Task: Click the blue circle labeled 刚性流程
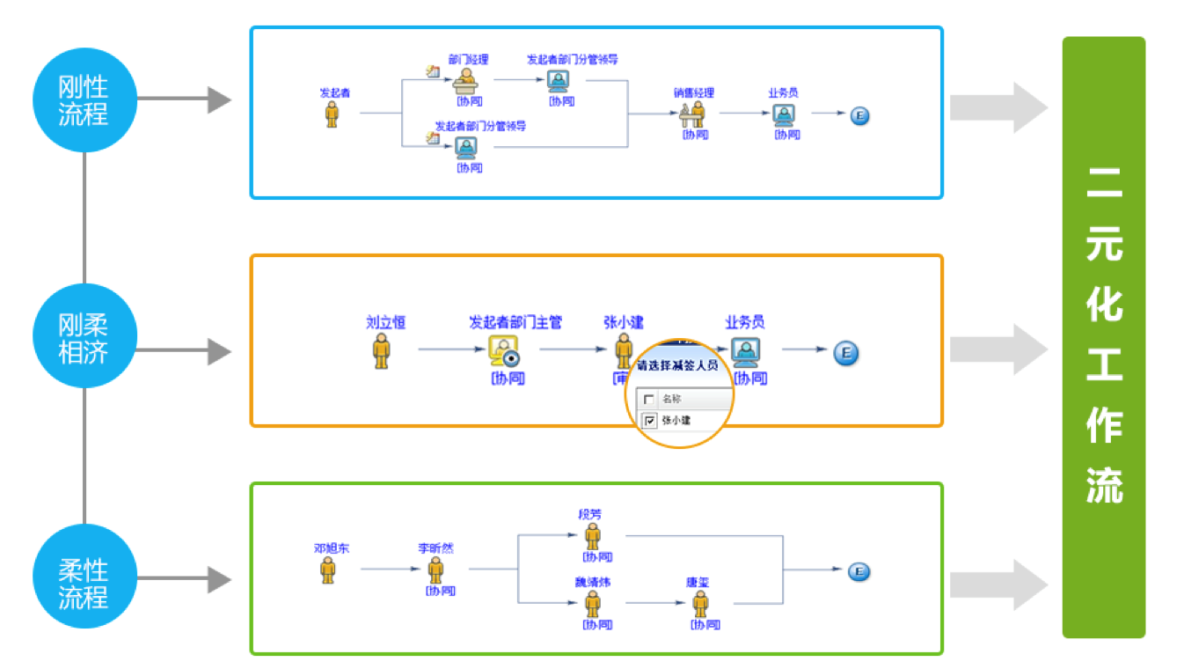coord(84,100)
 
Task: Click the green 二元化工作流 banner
coord(1103,337)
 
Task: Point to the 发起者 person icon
coord(332,114)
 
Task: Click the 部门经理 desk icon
coord(464,80)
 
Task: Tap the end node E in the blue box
coord(859,115)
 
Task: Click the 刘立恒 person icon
coord(381,349)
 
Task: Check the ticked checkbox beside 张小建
coord(650,421)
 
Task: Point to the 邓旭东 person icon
coord(327,570)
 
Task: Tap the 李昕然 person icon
coord(435,570)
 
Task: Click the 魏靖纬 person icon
coord(593,603)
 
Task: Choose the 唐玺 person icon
coord(700,603)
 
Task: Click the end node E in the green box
coord(859,572)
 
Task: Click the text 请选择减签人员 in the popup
coord(677,364)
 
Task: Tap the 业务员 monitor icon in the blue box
coord(783,114)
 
